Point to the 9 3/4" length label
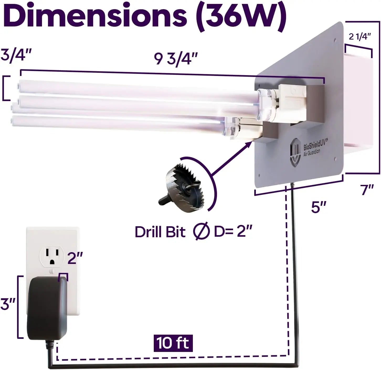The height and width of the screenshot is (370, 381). [x=176, y=59]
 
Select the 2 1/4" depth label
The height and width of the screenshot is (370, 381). [x=360, y=37]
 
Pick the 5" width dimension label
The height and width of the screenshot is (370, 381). [x=318, y=207]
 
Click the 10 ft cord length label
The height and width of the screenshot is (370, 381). [x=173, y=343]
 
